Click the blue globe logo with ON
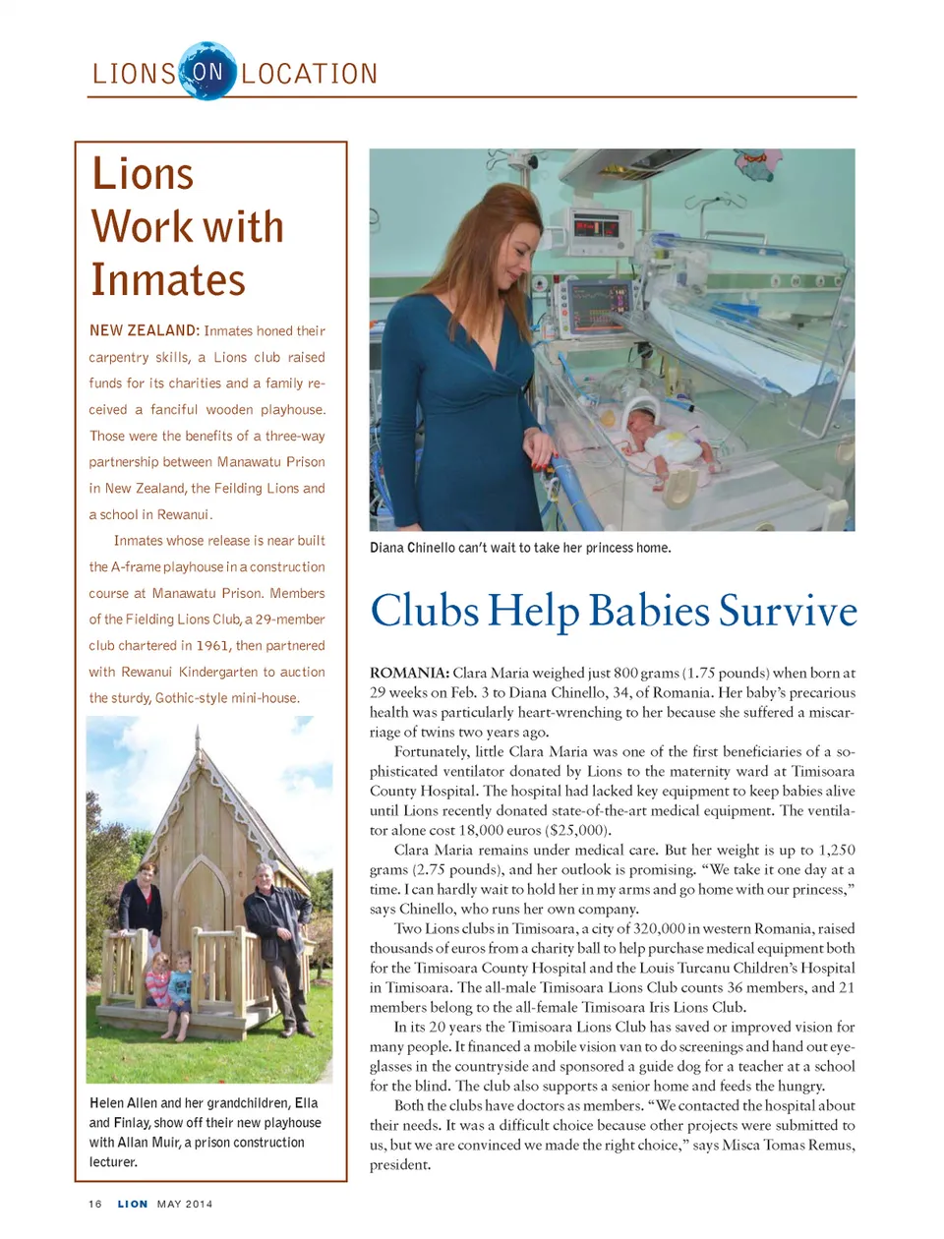coord(207,71)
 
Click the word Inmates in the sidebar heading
coord(168,280)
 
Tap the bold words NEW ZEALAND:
coord(145,331)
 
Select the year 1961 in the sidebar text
coord(212,646)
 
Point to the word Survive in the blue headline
coord(788,611)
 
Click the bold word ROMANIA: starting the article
coord(409,674)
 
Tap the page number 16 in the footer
coord(95,1204)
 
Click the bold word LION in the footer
coord(133,1204)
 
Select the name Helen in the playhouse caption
coord(106,1103)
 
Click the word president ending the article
coord(399,1165)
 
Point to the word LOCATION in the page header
coord(310,74)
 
